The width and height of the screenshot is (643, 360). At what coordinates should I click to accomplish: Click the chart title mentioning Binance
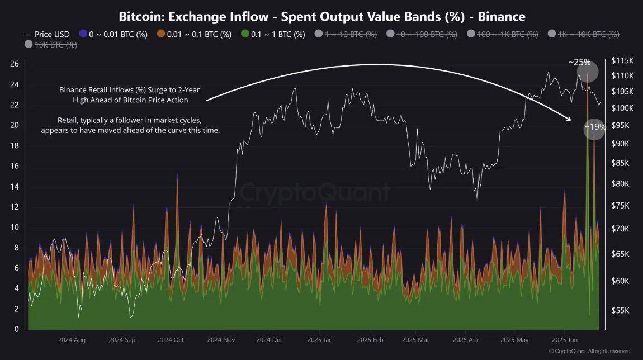click(x=321, y=17)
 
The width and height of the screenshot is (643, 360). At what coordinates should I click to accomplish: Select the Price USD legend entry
click(x=48, y=34)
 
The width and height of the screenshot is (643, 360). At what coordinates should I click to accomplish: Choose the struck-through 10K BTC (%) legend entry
click(x=51, y=45)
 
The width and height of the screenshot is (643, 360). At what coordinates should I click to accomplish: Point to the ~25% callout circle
click(x=587, y=71)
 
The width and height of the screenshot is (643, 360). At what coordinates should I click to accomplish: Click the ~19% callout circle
click(x=594, y=128)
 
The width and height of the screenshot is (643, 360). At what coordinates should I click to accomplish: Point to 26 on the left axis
click(x=14, y=64)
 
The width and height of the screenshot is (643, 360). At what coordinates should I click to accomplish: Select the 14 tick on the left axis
click(x=14, y=187)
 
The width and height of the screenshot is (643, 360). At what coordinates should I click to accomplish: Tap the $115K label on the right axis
click(x=622, y=60)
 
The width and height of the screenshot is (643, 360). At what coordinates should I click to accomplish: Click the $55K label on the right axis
click(x=621, y=310)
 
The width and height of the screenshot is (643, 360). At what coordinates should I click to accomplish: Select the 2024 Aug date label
click(x=72, y=339)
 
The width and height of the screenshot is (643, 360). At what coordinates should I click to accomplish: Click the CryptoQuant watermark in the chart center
click(x=315, y=193)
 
